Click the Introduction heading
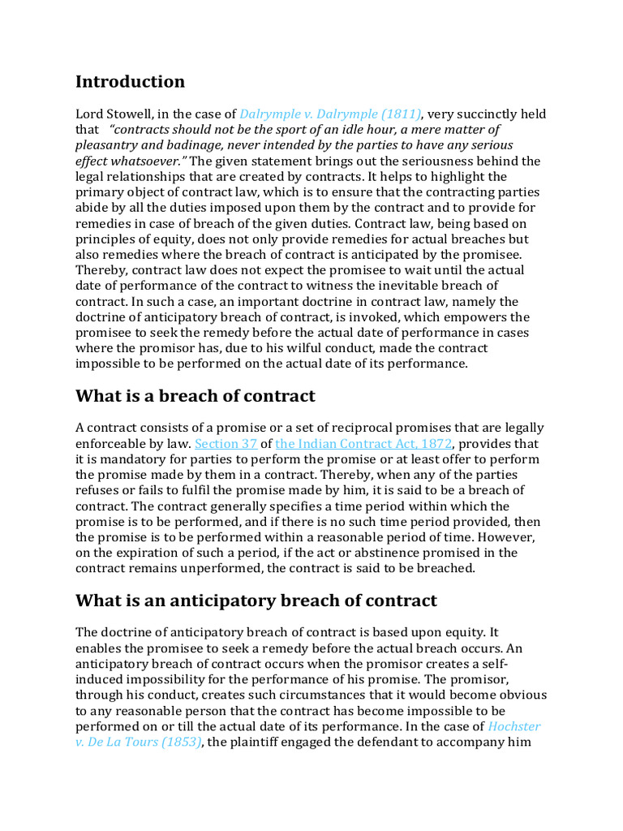pyautogui.click(x=130, y=82)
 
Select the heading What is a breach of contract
pyautogui.click(x=195, y=396)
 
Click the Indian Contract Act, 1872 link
pyautogui.click(x=363, y=444)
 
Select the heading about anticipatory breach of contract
pyautogui.click(x=256, y=601)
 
